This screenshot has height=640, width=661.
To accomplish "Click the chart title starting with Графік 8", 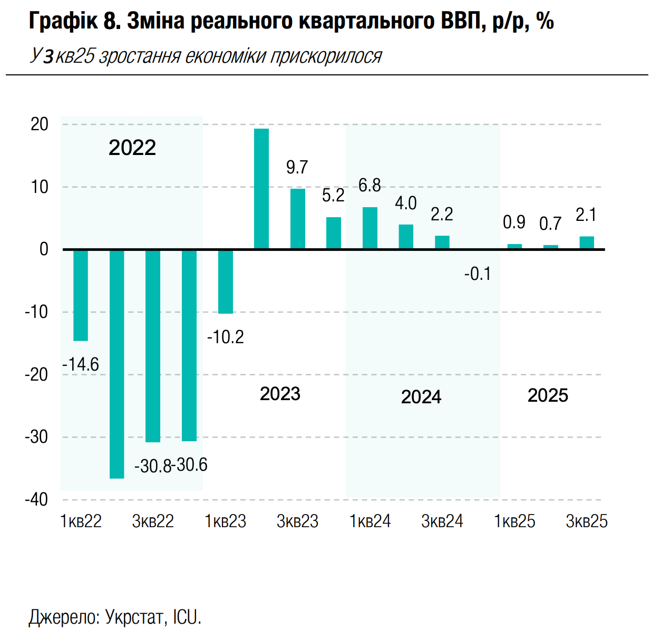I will (x=291, y=21).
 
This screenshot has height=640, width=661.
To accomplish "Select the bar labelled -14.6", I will (x=81, y=295).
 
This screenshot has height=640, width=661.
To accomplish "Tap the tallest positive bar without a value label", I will (x=261, y=189).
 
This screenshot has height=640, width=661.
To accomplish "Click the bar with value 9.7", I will (x=298, y=218).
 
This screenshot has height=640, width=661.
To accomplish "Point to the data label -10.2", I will (x=226, y=337).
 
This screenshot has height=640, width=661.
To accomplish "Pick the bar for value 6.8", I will (x=370, y=228).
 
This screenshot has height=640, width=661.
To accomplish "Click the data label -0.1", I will (x=478, y=274).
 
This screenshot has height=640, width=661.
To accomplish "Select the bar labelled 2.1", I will (x=587, y=243).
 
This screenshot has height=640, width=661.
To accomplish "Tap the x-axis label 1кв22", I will (x=81, y=521).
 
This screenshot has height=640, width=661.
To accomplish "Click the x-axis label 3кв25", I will (x=587, y=521).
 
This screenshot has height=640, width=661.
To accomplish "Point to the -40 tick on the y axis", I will (x=36, y=499).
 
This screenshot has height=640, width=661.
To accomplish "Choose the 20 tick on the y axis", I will (x=40, y=124).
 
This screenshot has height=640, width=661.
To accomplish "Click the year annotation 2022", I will (x=132, y=148).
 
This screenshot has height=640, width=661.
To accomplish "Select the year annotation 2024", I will (x=421, y=397).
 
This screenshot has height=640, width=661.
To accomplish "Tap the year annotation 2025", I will (x=548, y=395).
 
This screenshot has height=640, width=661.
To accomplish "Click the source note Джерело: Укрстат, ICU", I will (x=115, y=617).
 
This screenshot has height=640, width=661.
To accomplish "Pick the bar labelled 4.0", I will (x=406, y=237).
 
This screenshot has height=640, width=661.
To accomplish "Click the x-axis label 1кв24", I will (x=370, y=521).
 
